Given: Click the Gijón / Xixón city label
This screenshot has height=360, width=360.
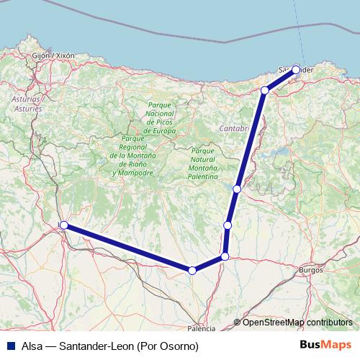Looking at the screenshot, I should click(x=53, y=55).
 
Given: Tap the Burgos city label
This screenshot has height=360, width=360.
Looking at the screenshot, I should click(x=311, y=270).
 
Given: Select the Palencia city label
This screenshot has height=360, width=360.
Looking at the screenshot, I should click(x=201, y=328).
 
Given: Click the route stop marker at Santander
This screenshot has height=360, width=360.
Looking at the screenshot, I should click(x=296, y=70).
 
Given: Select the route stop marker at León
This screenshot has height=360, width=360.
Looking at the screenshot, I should click(x=63, y=225).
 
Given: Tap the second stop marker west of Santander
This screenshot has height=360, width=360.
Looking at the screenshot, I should click(x=265, y=90).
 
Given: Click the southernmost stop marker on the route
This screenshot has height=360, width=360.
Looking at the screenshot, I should click(x=192, y=271).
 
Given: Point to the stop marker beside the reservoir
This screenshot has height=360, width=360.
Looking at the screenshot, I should click(x=237, y=189).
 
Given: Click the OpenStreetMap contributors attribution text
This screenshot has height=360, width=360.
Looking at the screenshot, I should click(x=297, y=323).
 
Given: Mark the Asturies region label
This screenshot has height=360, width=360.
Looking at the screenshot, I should click(x=27, y=108).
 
